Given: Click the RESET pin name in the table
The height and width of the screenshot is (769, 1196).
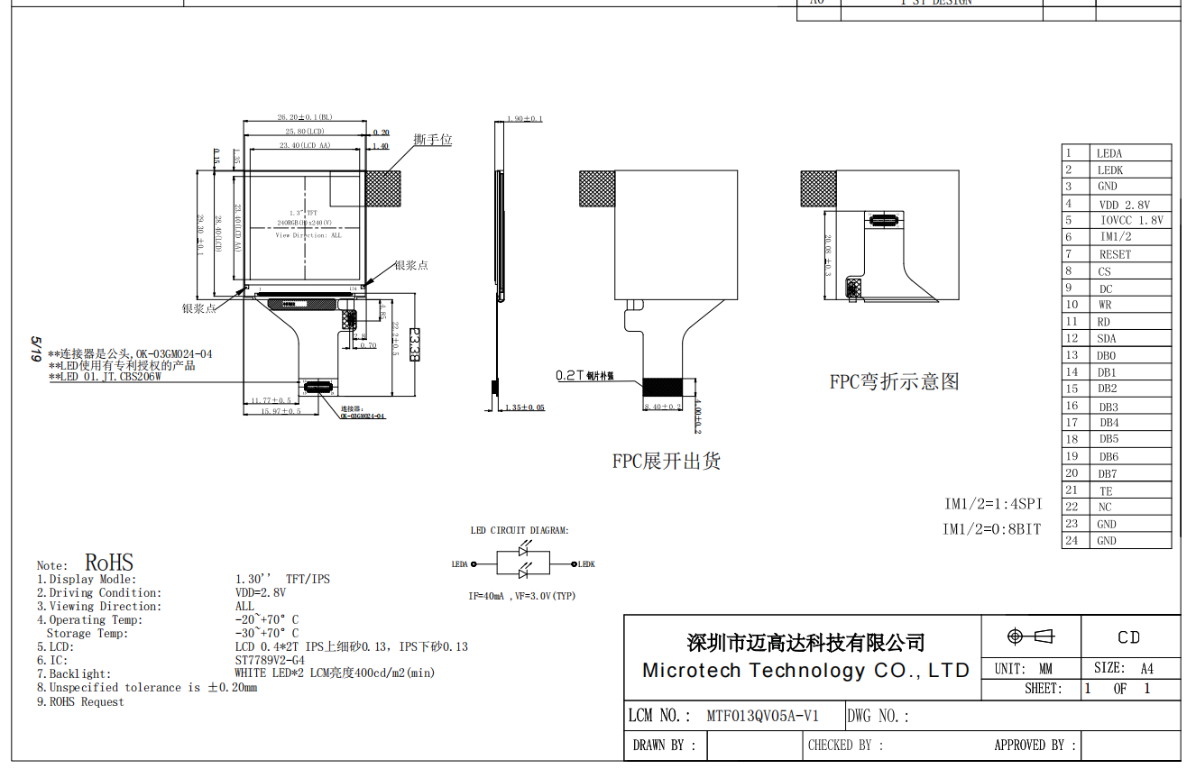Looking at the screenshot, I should pos(1115,255).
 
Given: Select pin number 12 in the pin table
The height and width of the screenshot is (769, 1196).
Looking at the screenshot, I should pos(1072,338).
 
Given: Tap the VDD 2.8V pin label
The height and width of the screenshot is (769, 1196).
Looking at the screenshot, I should pos(1124,205).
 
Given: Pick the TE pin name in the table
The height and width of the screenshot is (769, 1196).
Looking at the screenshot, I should pos(1106,491).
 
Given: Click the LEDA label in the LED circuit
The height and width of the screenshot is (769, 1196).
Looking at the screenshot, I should pos(460,564).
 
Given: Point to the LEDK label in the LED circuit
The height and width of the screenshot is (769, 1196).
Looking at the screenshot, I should pos(586,564).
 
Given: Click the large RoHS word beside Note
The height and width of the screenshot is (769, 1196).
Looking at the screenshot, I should pos(109,564).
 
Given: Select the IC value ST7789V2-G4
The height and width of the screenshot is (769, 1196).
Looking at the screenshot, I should pos(270,660).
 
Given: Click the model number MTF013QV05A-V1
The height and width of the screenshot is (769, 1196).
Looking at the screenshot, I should pos(762,717).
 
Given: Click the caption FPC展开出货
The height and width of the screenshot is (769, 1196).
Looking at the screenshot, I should pos(667,462).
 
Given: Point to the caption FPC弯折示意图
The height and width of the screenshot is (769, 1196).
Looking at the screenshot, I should pos(894,381).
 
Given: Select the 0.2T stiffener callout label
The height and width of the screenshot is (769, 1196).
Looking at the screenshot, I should pos(584,375).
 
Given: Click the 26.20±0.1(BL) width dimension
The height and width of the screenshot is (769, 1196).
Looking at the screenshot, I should pos(304,117).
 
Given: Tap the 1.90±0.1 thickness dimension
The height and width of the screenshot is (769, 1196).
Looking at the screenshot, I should pos(524,119).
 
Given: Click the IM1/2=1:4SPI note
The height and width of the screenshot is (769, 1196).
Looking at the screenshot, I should pos(992,504).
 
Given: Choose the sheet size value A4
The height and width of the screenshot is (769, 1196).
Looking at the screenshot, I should pos(1146,669).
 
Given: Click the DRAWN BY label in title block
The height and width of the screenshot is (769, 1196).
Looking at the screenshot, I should pos(664,746).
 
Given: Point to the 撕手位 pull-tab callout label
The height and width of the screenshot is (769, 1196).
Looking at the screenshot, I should pos(433,140).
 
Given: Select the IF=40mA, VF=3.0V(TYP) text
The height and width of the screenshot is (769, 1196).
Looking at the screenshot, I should pos(521,596).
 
